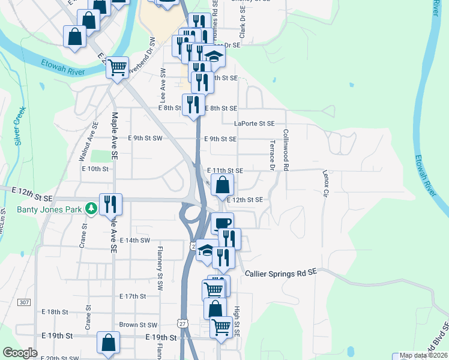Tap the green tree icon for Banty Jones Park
click(91, 208)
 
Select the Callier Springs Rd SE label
click(281, 274)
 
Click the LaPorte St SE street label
click(254, 124)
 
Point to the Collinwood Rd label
click(286, 151)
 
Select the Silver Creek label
click(20, 126)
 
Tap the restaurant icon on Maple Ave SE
click(110, 204)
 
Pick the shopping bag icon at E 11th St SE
click(222, 184)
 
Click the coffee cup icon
click(222, 223)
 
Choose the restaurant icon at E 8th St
click(193, 104)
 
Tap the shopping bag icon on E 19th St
click(109, 344)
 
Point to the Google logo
click(20, 353)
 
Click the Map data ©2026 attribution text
click(423, 355)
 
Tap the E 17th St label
click(133, 296)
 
